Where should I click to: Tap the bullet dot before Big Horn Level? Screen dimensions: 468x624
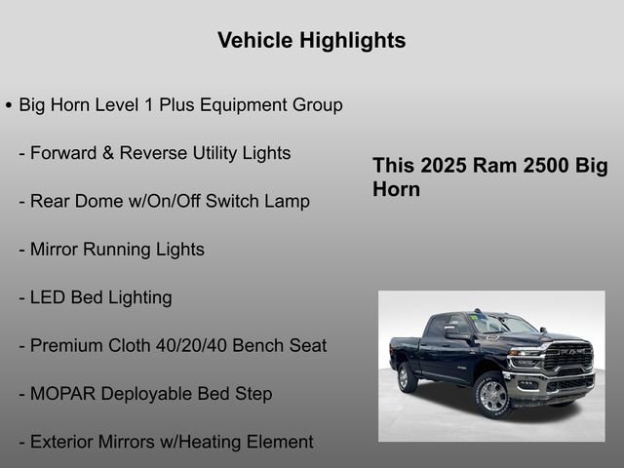(x=9, y=105)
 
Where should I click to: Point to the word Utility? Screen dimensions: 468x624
(x=196, y=153)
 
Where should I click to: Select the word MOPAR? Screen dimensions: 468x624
(x=60, y=394)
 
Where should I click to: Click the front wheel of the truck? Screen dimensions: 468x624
(x=491, y=395)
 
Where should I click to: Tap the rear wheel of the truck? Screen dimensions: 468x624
(x=408, y=376)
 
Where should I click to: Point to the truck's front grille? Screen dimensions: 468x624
(x=567, y=358)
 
